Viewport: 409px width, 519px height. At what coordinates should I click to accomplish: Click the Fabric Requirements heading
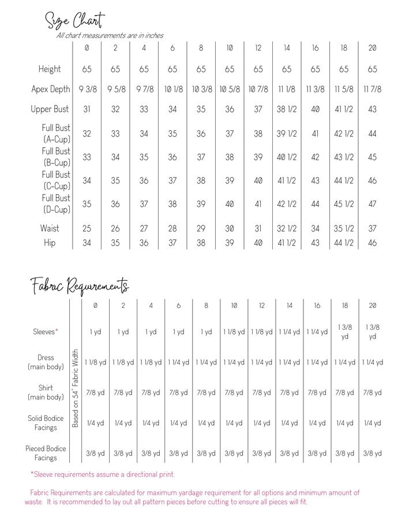[x=80, y=285]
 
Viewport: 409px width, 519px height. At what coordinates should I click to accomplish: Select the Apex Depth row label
[x=51, y=89]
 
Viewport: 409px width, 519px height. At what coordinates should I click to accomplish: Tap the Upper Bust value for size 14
[x=287, y=109]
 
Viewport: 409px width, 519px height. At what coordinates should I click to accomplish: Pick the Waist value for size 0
[x=87, y=228]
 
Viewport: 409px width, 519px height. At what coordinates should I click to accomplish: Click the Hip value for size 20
[x=372, y=243]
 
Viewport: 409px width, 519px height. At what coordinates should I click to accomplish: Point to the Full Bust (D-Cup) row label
[x=56, y=204]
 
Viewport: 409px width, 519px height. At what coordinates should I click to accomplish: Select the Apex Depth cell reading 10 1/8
[x=172, y=89]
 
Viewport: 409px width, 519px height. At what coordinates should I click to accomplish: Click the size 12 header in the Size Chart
[x=258, y=48]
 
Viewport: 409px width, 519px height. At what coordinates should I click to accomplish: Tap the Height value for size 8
[x=201, y=69]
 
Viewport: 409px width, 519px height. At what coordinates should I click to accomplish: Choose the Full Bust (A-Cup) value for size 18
[x=344, y=134]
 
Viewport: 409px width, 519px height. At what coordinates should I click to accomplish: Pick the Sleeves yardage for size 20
[x=372, y=332]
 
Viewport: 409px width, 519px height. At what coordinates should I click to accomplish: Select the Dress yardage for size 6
[x=179, y=362]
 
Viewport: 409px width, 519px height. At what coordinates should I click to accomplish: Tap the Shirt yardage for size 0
[x=95, y=393]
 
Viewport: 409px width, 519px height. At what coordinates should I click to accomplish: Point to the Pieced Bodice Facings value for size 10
[x=234, y=453]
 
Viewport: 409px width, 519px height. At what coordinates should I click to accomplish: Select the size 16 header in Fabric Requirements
[x=317, y=306]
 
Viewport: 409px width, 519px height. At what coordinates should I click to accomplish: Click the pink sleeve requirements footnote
[x=103, y=475]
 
